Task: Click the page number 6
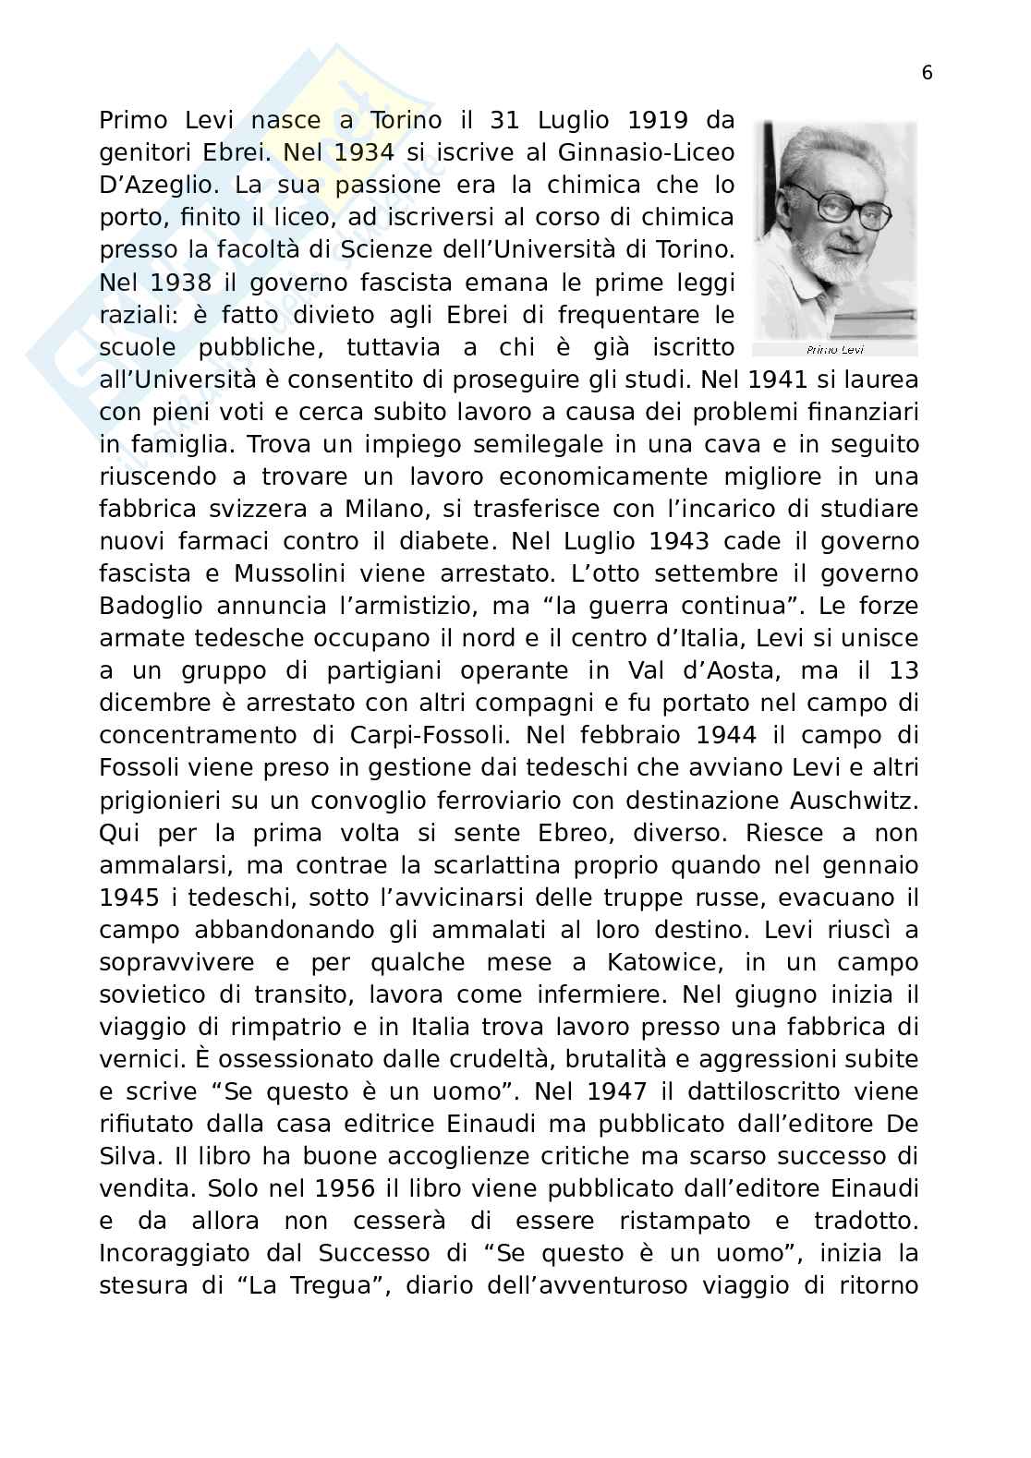pyautogui.click(x=927, y=74)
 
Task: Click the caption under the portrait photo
pyautogui.click(x=834, y=350)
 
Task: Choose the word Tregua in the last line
pyautogui.click(x=305, y=1285)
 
